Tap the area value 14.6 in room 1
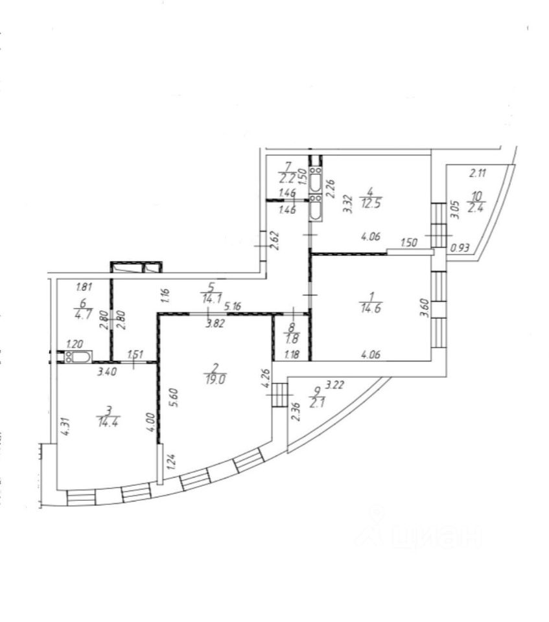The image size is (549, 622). (369, 309)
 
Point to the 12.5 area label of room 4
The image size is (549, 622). (369, 200)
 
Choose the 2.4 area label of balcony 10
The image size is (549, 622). (476, 208)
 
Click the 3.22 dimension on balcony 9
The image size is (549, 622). (334, 385)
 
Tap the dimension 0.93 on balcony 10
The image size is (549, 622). (460, 246)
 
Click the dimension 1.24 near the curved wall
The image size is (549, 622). (169, 463)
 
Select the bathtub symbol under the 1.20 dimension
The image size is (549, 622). (78, 356)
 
